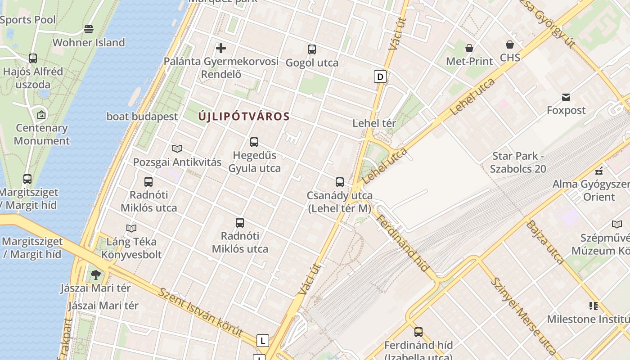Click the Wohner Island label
pos(89,43)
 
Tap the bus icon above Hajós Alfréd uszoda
pos(33,58)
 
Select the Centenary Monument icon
pos(41,115)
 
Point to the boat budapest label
pos(142,117)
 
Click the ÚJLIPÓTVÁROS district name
pos(244,117)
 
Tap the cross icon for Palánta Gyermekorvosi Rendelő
pos(221,48)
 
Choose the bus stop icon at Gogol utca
pos(312,49)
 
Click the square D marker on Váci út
pos(380,76)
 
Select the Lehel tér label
pos(374,123)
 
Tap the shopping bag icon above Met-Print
pos(469,48)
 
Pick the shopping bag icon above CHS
pos(510,45)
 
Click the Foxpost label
pos(566,110)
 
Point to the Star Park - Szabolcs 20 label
pos(518,162)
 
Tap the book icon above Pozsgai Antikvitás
pos(177,148)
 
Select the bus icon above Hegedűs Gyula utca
pos(254,142)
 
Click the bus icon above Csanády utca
pos(340,182)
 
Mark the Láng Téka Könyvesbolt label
pos(131,248)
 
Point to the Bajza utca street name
pos(545,242)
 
